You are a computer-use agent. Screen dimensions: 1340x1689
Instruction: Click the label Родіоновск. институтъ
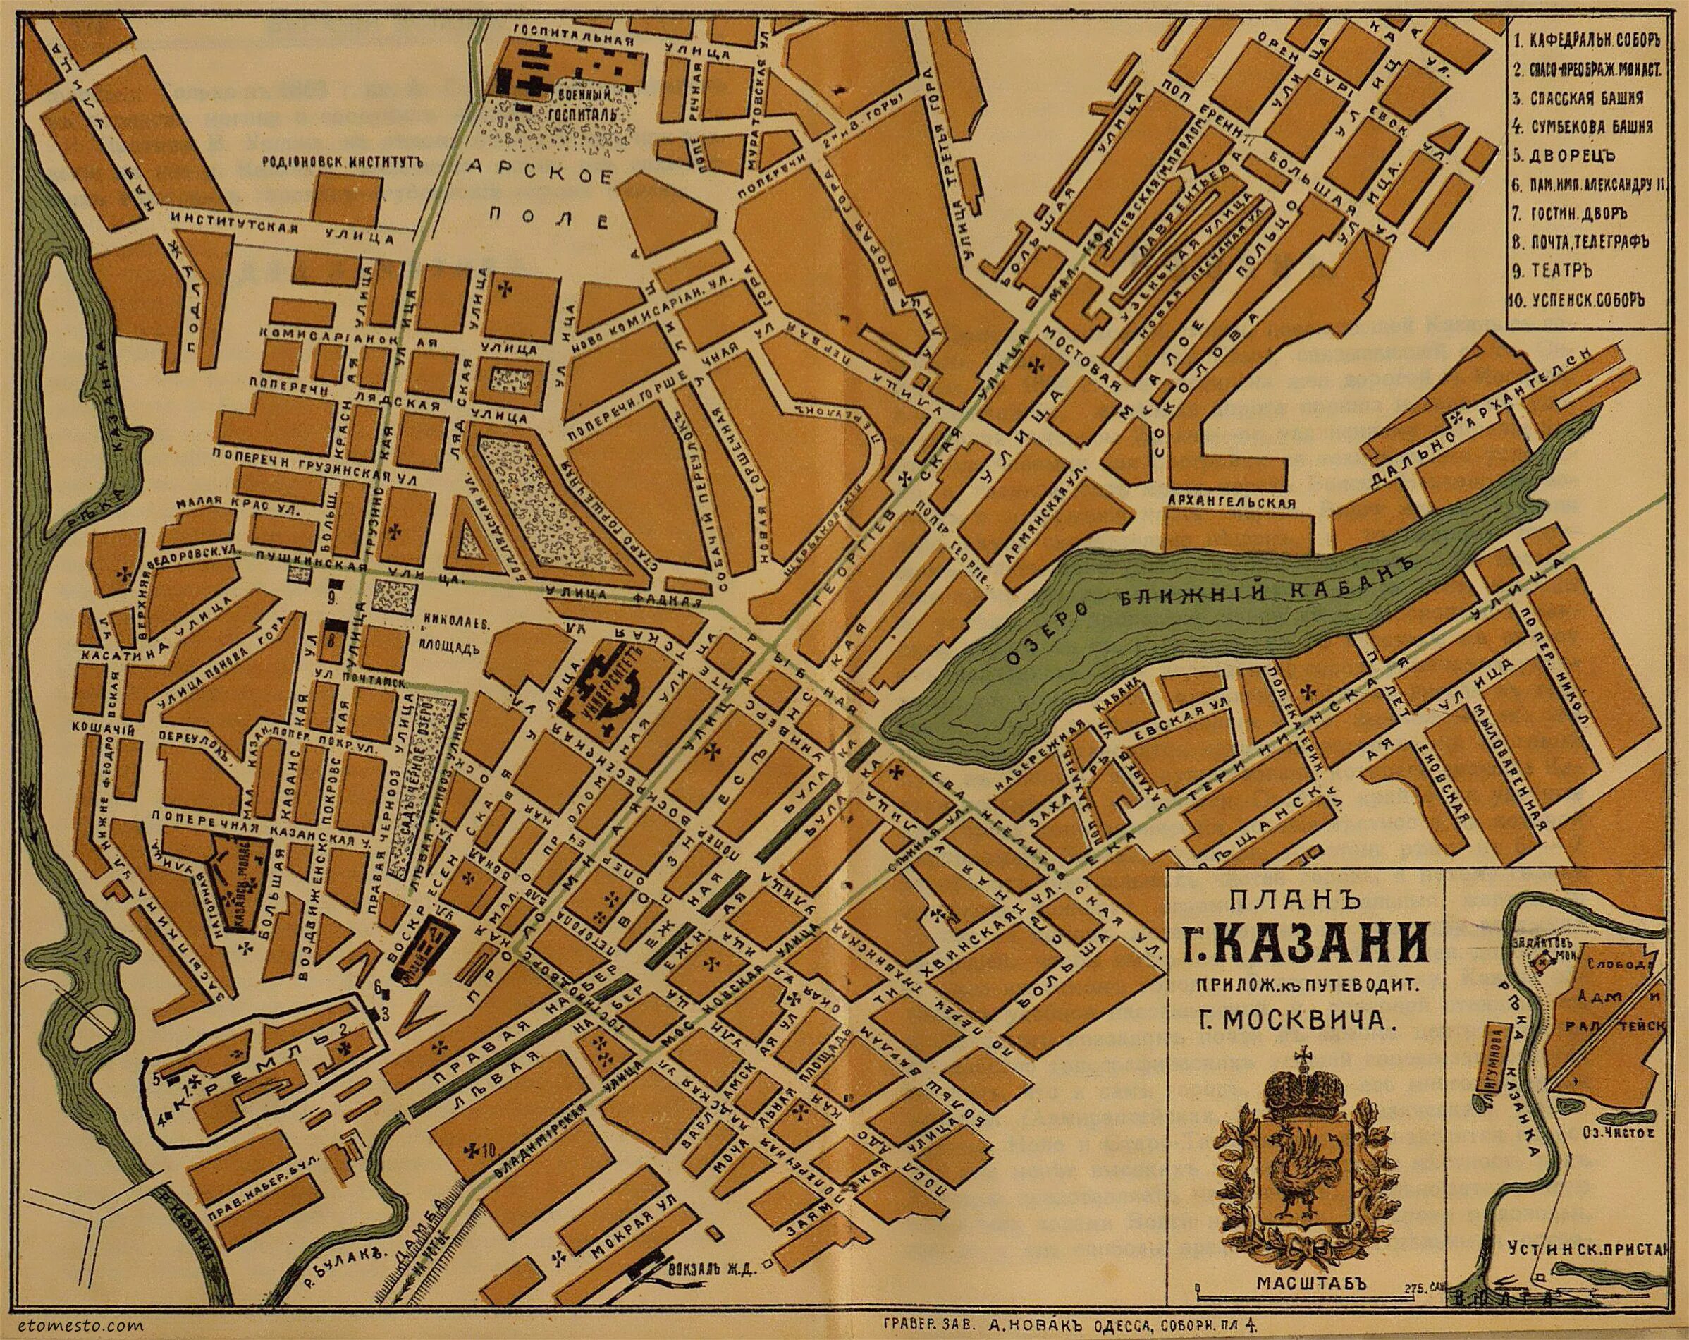point(344,164)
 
